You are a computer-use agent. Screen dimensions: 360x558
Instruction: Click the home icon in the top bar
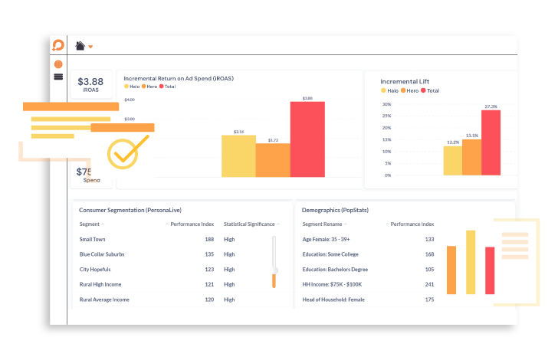click(80, 46)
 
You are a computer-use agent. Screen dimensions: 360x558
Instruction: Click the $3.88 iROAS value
click(91, 82)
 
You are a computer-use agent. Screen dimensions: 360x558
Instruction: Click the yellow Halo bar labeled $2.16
click(238, 156)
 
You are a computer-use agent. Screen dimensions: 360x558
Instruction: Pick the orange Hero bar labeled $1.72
click(272, 160)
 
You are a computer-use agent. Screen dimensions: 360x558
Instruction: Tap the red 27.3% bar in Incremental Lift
click(491, 143)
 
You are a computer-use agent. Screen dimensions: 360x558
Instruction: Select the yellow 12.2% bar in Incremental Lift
click(452, 161)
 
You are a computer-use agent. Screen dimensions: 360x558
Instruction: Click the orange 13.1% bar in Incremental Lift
click(471, 157)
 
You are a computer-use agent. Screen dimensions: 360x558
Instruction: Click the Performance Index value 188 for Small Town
click(209, 239)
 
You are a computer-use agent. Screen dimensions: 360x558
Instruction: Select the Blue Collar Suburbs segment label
click(102, 254)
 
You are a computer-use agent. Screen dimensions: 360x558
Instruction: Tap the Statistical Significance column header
click(249, 224)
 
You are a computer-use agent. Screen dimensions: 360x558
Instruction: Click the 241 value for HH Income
click(429, 284)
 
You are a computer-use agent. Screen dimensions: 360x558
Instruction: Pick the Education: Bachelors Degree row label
click(335, 270)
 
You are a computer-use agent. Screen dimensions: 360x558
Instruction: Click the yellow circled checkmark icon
click(123, 153)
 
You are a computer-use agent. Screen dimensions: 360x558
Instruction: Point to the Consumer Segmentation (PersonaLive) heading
click(130, 210)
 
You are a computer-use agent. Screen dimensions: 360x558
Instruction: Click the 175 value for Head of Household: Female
click(429, 299)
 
